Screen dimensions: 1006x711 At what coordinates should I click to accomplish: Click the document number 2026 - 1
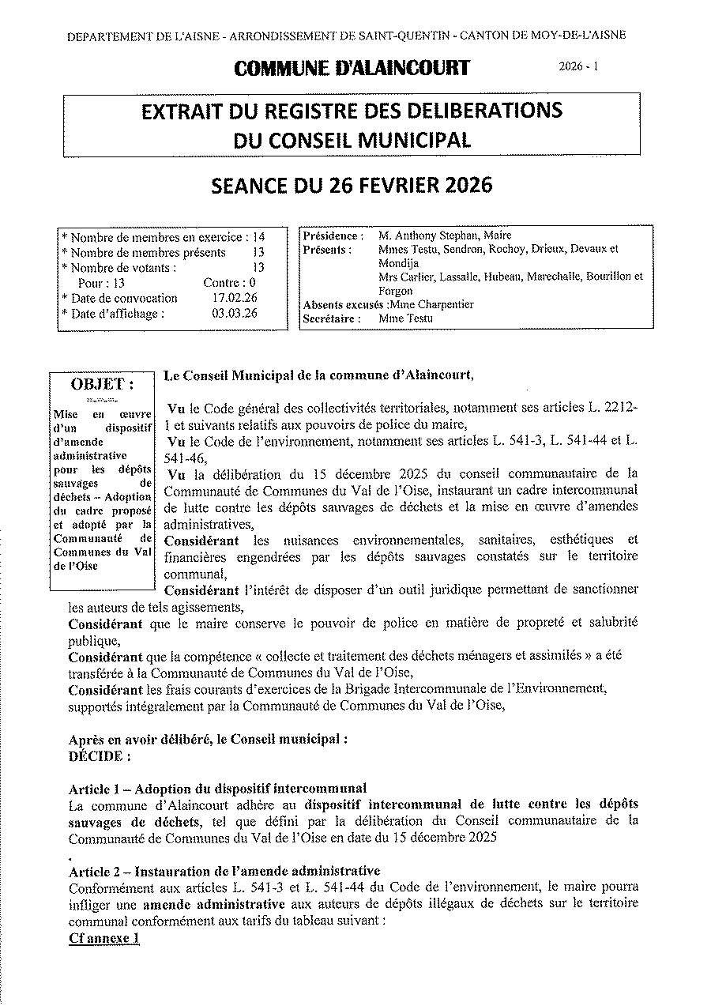pyautogui.click(x=578, y=68)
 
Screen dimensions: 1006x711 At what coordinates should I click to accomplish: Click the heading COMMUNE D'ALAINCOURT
pyautogui.click(x=352, y=69)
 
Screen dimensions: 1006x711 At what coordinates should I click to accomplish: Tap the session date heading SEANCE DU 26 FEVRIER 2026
pyautogui.click(x=352, y=185)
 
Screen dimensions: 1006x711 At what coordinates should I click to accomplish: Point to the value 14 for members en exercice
pyautogui.click(x=258, y=236)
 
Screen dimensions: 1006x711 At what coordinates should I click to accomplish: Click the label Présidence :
pyautogui.click(x=333, y=235)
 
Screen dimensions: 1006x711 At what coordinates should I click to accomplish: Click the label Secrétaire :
pyautogui.click(x=332, y=318)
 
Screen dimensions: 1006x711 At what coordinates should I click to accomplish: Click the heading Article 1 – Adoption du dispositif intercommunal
pyautogui.click(x=217, y=788)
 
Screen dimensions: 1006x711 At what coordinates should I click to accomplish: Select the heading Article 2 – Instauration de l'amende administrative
pyautogui.click(x=219, y=872)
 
